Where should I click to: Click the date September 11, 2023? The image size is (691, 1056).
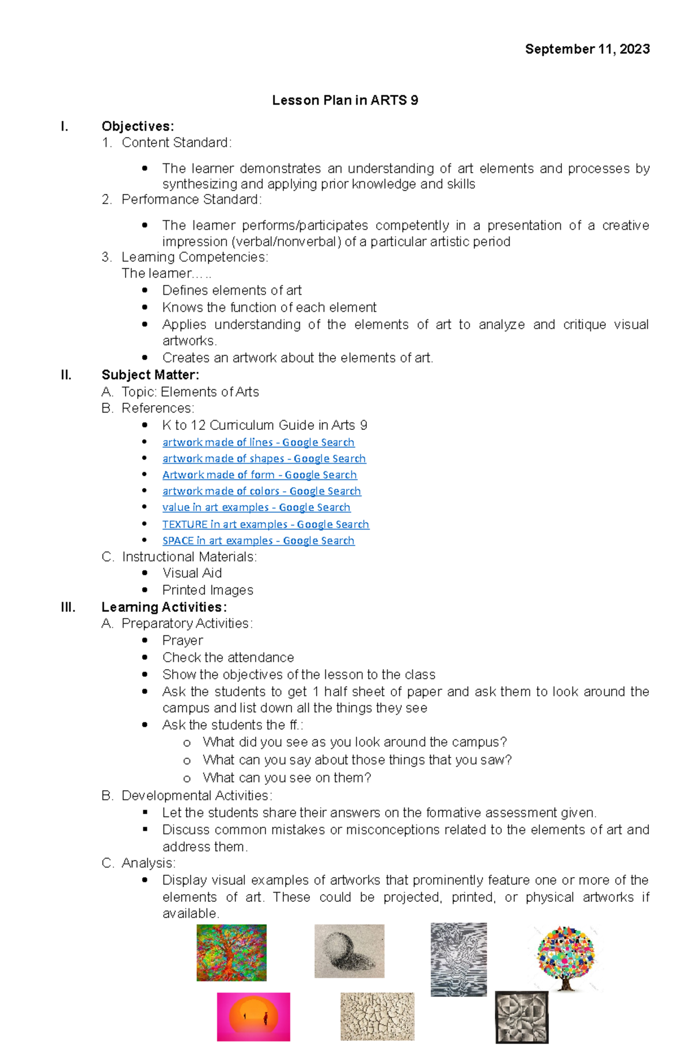click(x=587, y=49)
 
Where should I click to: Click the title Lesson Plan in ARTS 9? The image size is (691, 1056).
click(x=345, y=101)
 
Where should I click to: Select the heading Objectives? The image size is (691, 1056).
click(x=138, y=127)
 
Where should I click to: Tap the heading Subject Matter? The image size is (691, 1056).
click(x=150, y=375)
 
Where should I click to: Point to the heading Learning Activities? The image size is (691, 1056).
click(x=164, y=607)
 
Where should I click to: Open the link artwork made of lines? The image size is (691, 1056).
click(x=258, y=443)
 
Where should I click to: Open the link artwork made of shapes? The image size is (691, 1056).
click(x=264, y=459)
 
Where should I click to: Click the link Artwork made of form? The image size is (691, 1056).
click(x=259, y=475)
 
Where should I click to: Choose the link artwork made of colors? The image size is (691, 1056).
click(x=261, y=491)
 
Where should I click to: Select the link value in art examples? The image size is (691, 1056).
click(x=256, y=508)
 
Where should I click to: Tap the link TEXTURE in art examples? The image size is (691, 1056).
click(x=265, y=524)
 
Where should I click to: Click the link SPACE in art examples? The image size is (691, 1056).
click(x=258, y=541)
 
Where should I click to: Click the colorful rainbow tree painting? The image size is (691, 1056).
click(x=231, y=952)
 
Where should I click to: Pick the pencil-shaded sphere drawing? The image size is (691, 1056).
click(x=349, y=951)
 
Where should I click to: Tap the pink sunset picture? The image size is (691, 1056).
click(x=253, y=1016)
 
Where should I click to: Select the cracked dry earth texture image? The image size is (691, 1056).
click(x=377, y=1016)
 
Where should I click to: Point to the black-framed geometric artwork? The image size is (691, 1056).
click(x=522, y=1017)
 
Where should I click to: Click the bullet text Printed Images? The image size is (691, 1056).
click(x=207, y=590)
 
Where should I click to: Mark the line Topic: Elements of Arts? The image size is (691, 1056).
click(x=190, y=392)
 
